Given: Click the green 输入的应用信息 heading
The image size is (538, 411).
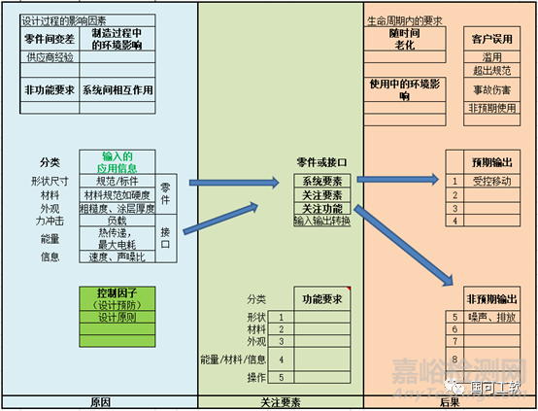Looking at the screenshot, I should [117, 161].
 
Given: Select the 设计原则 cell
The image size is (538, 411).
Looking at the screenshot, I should [117, 317].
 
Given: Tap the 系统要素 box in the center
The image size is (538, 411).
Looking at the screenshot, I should [321, 181].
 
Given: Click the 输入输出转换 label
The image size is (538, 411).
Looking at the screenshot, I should [321, 221].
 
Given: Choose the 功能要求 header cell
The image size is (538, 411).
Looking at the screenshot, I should [321, 298].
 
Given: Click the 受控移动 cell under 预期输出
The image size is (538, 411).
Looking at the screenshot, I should [490, 181].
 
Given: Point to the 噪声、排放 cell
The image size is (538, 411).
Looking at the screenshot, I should [490, 317].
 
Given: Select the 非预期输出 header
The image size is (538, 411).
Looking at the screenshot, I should [490, 298].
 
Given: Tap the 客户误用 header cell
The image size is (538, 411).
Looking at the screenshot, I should [493, 39].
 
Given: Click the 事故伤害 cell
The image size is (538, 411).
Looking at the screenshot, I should [493, 89].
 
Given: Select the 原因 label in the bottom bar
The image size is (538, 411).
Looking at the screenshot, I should [99, 402].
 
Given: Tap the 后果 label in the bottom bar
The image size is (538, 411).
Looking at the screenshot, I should [450, 402].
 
